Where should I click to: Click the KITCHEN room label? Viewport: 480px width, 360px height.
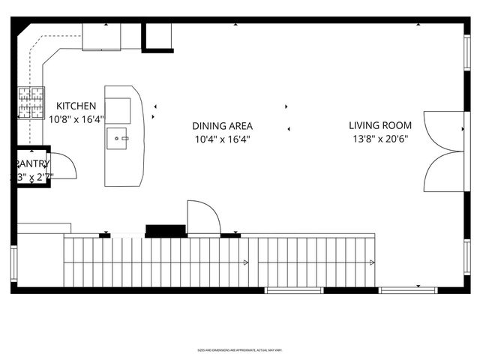[76, 106]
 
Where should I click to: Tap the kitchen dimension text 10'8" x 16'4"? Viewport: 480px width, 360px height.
[76, 118]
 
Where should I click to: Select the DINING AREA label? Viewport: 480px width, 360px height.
[222, 126]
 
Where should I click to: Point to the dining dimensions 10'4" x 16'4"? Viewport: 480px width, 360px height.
[222, 139]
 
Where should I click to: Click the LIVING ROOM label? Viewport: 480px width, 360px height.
[379, 126]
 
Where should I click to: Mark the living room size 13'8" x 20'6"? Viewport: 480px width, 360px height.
[379, 139]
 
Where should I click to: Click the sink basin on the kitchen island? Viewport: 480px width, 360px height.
[118, 138]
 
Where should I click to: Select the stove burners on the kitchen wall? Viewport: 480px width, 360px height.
[31, 103]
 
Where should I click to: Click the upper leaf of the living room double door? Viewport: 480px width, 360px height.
[442, 131]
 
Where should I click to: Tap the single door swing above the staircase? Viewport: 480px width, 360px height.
[202, 217]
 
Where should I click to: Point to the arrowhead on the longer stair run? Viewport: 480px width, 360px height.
[245, 262]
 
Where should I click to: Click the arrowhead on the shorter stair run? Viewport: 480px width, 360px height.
[372, 262]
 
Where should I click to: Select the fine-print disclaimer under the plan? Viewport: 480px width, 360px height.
[239, 349]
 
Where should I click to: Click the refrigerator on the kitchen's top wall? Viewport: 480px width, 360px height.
[101, 36]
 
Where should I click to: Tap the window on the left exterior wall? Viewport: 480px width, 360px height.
[13, 264]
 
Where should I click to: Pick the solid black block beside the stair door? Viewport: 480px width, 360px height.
[165, 230]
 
